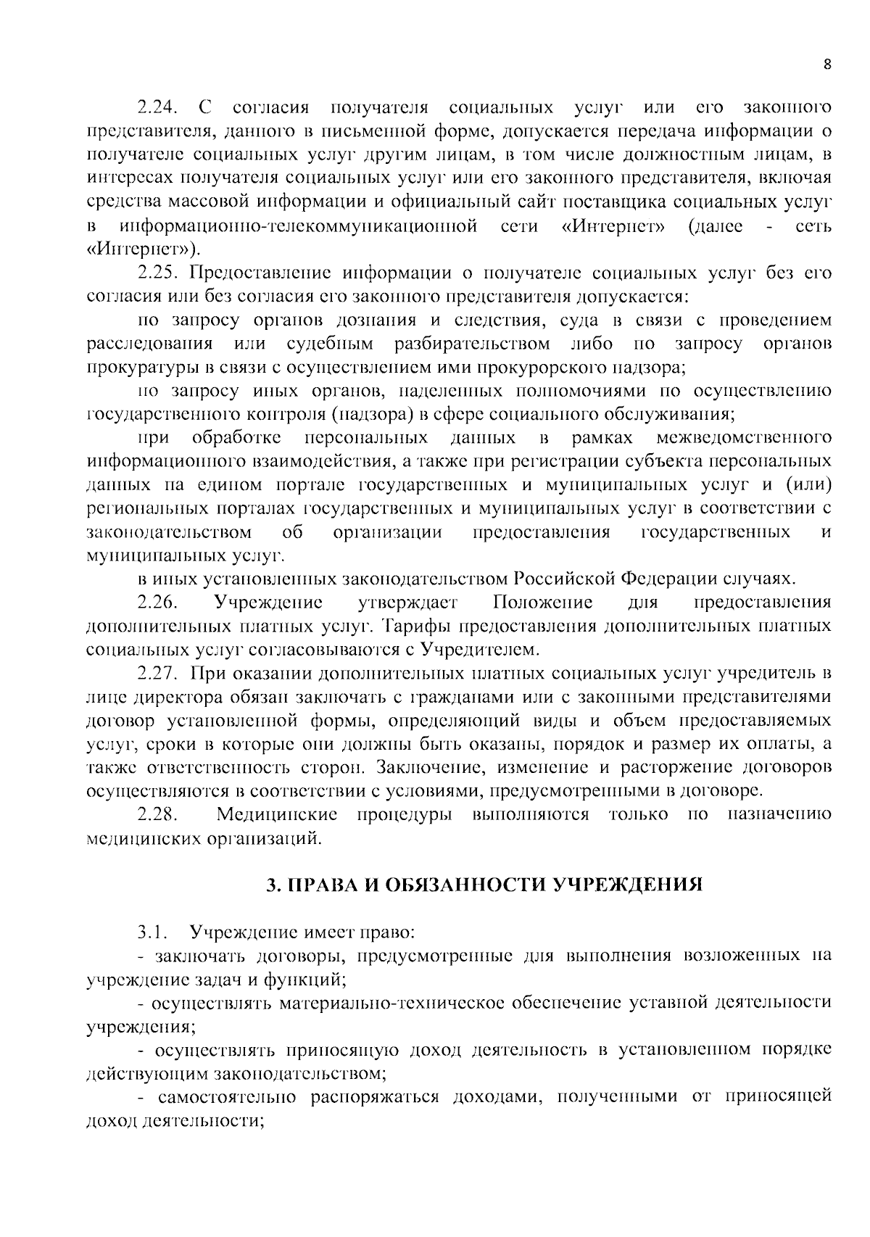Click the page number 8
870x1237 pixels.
tap(827, 63)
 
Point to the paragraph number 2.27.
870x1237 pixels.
tap(157, 674)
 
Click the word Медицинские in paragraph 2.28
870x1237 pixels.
tap(277, 814)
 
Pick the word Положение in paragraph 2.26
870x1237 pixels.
tap(542, 603)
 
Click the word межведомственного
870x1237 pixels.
tap(743, 438)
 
